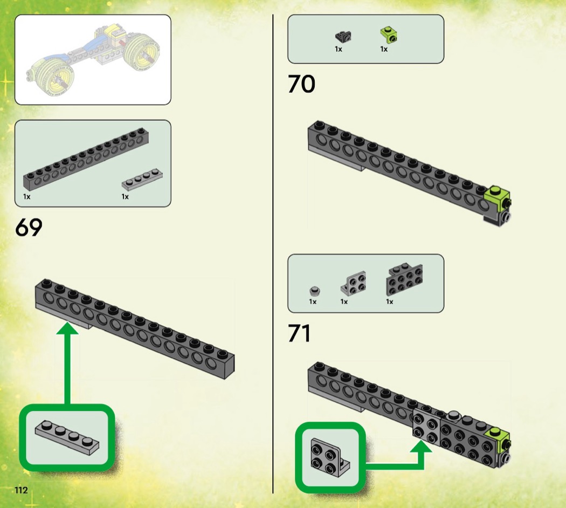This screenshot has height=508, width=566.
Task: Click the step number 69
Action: [x=29, y=228]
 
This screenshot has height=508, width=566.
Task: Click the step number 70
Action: [x=301, y=84]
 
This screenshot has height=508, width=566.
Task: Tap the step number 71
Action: [x=299, y=334]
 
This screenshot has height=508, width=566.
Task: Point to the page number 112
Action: [x=21, y=490]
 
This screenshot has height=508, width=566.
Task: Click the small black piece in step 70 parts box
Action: [x=342, y=37]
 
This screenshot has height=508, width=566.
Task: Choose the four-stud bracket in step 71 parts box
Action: [x=354, y=283]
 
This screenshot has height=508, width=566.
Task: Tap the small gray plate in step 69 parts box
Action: [x=143, y=180]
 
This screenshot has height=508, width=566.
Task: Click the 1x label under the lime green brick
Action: [x=384, y=49]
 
